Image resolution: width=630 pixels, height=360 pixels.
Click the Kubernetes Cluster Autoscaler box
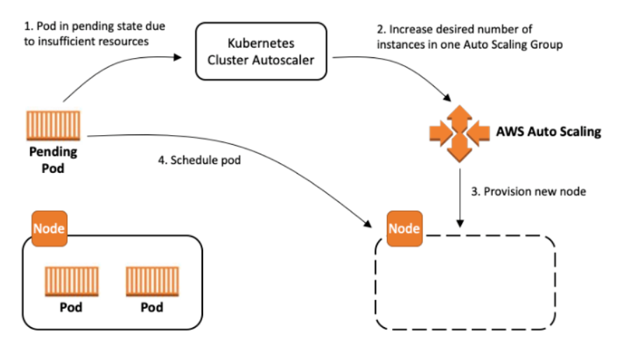click(261, 51)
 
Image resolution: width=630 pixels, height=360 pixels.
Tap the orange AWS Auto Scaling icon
click(460, 133)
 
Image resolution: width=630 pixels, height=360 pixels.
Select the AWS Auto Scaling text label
click(548, 132)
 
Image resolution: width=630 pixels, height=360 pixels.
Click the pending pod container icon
click(53, 126)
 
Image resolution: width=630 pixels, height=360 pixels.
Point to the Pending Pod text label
click(53, 160)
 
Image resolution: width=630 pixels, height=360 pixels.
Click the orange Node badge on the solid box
click(50, 228)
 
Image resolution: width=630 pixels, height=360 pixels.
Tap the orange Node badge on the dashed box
click(405, 228)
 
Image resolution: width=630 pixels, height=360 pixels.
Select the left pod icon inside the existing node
click(71, 282)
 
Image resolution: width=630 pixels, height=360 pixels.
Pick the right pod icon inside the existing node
click(153, 282)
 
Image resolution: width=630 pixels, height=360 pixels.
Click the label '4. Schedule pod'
click(199, 160)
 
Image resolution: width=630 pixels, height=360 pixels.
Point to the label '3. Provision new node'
click(528, 191)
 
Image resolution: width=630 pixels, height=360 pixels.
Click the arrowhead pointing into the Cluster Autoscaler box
click(178, 57)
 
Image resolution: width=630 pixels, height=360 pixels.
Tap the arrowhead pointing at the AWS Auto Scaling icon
click(447, 97)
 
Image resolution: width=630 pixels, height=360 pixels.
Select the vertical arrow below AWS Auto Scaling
click(460, 198)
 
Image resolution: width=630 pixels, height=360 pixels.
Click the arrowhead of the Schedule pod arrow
click(367, 223)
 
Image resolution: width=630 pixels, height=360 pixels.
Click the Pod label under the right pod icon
click(152, 307)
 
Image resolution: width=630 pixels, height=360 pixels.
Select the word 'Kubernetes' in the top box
click(261, 43)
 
